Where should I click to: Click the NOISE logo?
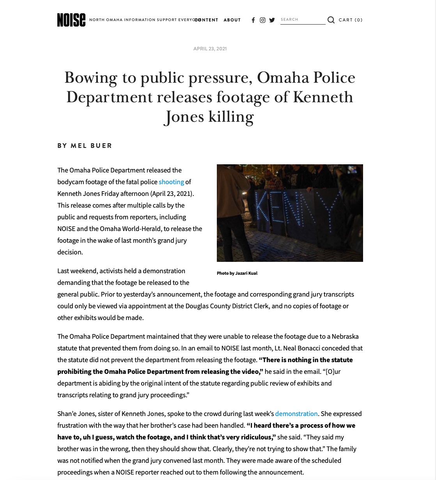(x=71, y=20)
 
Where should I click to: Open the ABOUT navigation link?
(x=232, y=20)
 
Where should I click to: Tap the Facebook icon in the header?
(x=253, y=20)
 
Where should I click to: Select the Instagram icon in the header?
(x=262, y=20)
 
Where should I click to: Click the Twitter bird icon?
(x=272, y=20)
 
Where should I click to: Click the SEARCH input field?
(x=302, y=20)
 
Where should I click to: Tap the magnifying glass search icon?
(x=331, y=20)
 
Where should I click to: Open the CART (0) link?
(x=351, y=20)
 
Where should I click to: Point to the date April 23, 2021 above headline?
(x=210, y=49)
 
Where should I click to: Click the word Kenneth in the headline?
(x=323, y=97)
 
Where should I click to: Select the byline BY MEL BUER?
(x=85, y=146)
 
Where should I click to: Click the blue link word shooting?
(x=171, y=182)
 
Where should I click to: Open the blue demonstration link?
(x=296, y=414)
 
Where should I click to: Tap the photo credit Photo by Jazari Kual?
(x=237, y=273)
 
